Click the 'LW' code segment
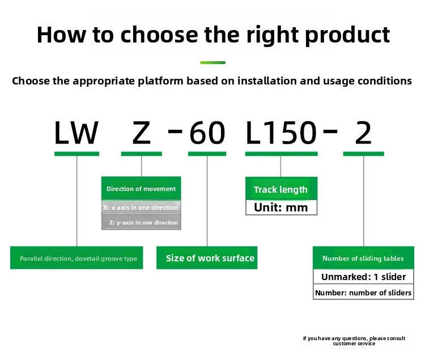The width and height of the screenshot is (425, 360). click(76, 133)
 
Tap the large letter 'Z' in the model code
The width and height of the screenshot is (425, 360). click(141, 133)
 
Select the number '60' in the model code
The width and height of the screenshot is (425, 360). click(207, 133)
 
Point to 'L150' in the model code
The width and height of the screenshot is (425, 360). click(281, 133)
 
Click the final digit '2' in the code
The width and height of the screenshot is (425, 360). click(363, 133)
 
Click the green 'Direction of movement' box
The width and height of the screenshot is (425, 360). click(141, 188)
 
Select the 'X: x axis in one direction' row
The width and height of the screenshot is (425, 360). click(141, 207)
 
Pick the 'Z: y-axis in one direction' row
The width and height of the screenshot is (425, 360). click(141, 222)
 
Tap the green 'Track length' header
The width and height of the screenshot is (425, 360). click(281, 189)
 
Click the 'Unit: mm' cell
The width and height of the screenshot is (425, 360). click(281, 207)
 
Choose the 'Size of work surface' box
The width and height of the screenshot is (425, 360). click(207, 258)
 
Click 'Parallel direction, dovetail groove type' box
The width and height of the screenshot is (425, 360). click(76, 258)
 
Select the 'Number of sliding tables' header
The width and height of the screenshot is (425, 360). click(363, 258)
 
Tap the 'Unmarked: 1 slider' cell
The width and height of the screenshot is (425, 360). click(363, 277)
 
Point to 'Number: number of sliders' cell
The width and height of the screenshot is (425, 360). click(363, 292)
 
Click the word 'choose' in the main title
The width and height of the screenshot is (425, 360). click(159, 35)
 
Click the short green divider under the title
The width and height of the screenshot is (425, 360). click(212, 62)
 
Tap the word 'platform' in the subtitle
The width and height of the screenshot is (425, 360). click(160, 81)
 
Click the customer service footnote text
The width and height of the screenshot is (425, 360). click(354, 341)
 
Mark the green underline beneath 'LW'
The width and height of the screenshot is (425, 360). click(76, 154)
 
